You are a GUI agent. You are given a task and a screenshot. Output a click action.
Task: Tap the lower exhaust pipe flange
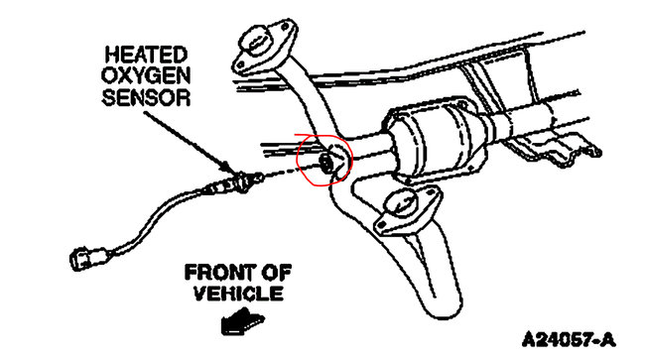(x=407, y=207)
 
